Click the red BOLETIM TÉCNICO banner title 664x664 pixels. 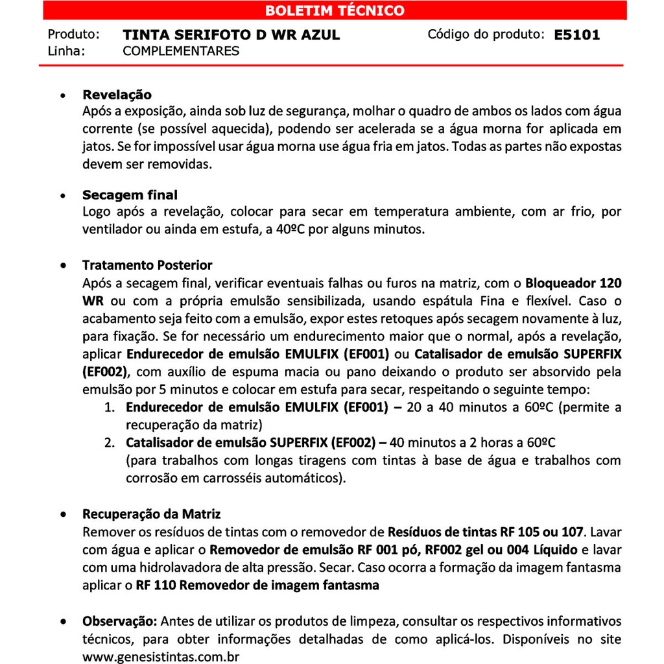[x=335, y=10]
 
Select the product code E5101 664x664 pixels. [x=577, y=35]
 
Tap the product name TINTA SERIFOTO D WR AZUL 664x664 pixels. [x=231, y=35]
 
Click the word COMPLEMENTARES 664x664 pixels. [x=181, y=51]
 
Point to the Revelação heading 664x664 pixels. [x=117, y=95]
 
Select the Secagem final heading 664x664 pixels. [x=130, y=195]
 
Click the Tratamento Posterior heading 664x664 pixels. [x=147, y=265]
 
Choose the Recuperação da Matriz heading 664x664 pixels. [x=151, y=514]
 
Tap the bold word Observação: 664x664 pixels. [x=120, y=621]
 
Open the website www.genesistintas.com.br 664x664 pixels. [x=161, y=656]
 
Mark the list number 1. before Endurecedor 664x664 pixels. [x=110, y=408]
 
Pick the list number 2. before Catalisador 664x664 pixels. [x=110, y=443]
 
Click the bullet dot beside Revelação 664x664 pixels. [x=63, y=96]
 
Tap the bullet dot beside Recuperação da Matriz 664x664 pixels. [x=63, y=515]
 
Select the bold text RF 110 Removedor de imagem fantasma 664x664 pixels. [x=257, y=586]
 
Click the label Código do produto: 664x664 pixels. [x=486, y=34]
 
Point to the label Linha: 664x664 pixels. [x=67, y=51]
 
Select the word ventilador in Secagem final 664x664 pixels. [x=110, y=230]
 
